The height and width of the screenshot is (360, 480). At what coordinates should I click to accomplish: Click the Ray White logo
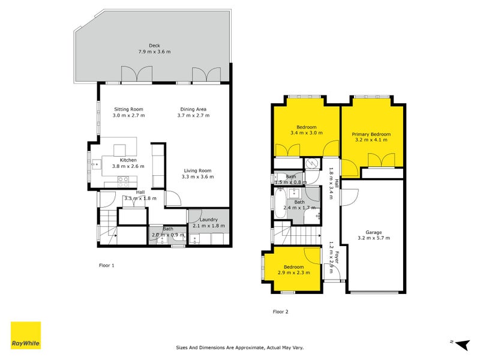(26, 335)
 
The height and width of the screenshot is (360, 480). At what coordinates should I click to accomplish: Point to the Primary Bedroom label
(371, 134)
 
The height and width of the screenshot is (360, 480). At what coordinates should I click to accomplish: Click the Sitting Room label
(125, 109)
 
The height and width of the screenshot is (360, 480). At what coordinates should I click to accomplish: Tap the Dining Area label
(193, 109)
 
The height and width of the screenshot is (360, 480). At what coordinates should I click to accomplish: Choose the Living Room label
(197, 170)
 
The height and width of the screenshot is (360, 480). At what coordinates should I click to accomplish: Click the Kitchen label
(128, 160)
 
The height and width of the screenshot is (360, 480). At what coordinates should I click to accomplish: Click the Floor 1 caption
(106, 265)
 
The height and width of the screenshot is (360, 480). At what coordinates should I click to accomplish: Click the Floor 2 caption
(280, 311)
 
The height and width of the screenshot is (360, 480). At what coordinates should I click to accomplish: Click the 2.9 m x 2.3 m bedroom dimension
(294, 273)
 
